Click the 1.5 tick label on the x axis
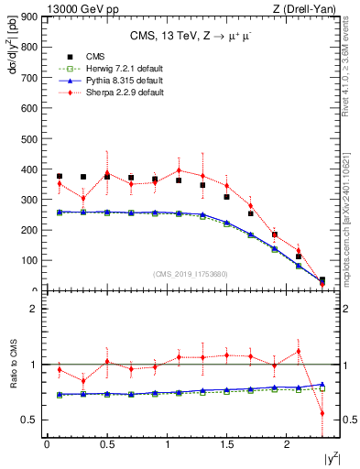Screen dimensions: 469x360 pyautogui.click(x=227, y=445)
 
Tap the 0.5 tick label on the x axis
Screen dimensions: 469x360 pyautogui.click(x=106, y=445)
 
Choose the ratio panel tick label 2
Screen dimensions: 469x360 pyautogui.click(x=32, y=309)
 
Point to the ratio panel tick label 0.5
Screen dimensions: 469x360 pyautogui.click(x=28, y=420)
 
